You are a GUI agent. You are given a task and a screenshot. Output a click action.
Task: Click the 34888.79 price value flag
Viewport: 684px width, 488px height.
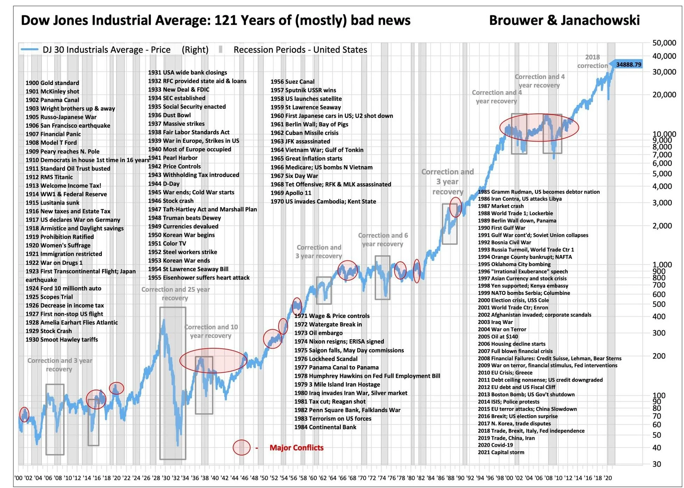pos(628,64)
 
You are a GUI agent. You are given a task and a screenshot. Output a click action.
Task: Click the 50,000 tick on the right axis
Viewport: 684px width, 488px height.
pos(664,43)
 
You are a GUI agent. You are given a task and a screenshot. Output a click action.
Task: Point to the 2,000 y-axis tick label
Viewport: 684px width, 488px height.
pos(662,226)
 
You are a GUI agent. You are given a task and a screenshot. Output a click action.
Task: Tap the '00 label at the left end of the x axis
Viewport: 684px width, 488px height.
pos(19,478)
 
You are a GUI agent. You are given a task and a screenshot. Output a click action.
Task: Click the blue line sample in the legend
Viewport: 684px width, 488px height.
pos(29,50)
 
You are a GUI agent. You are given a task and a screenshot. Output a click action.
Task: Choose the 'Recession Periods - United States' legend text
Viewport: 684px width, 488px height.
pos(300,50)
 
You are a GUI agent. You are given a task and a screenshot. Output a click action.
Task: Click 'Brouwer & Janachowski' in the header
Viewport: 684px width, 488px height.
pos(564,20)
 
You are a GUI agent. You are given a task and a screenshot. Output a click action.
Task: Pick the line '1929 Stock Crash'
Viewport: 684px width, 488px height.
pos(49,331)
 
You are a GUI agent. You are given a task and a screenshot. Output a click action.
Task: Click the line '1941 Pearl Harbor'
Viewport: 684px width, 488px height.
pos(172,158)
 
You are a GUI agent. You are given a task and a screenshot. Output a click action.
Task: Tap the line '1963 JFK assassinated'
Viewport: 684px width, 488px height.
pos(300,141)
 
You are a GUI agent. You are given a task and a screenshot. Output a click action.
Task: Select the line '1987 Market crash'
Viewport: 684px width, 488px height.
pos(501,206)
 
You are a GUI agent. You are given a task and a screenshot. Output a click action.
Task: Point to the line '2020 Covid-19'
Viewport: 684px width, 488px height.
pos(495,445)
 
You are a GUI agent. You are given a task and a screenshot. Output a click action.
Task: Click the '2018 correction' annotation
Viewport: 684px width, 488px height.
pos(592,61)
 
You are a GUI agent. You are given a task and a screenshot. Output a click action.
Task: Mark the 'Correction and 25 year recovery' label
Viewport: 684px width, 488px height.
pos(175,293)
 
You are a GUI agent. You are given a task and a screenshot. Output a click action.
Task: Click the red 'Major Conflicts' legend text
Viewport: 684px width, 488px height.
pos(296,447)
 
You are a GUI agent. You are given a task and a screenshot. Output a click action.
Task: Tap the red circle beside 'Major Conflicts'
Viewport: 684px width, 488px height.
pos(241,447)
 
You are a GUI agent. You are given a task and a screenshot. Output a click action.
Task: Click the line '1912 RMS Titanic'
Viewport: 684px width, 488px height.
pos(49,177)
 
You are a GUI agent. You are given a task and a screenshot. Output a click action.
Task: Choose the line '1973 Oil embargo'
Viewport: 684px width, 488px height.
pos(318,333)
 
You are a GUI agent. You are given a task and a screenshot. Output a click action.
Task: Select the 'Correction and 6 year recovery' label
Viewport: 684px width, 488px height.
pos(383,240)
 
